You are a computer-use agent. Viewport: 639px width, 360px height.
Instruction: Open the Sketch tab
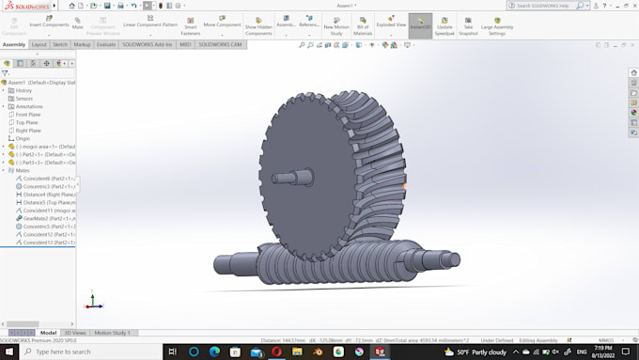coord(59,44)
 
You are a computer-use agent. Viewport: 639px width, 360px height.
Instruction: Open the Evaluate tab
coord(106,44)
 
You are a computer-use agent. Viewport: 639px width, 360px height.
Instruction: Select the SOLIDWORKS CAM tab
coord(221,44)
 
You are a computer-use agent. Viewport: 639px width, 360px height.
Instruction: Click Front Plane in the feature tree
coord(28,114)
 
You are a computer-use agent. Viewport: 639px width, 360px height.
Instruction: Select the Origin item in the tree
coord(23,138)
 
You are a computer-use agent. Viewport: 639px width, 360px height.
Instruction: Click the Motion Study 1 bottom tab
coord(112,333)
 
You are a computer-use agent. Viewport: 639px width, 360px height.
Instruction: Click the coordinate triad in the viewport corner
coord(93,303)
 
